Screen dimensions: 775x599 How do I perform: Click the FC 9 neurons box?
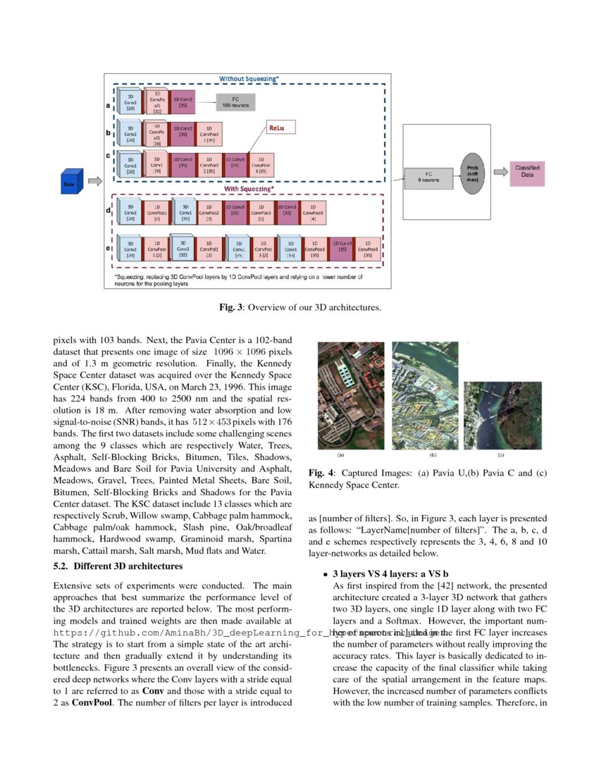click(x=429, y=177)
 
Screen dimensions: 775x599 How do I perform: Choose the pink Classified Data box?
click(x=527, y=171)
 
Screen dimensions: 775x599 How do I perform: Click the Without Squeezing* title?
click(x=249, y=77)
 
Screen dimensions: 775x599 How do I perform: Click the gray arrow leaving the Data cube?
click(x=94, y=181)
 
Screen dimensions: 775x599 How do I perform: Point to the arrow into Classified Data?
click(x=500, y=171)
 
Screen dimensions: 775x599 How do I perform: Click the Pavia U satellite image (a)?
click(x=351, y=395)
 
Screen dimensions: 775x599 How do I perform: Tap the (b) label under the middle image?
click(x=433, y=456)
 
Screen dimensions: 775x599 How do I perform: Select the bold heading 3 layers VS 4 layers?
click(x=390, y=574)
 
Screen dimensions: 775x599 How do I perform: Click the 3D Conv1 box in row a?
click(x=131, y=101)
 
